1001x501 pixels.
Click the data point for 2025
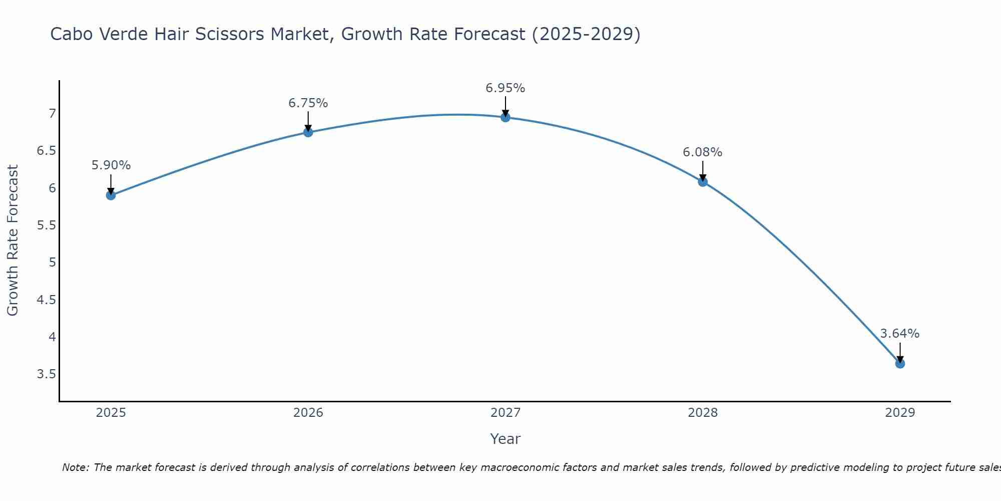pos(111,195)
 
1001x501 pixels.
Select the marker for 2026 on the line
pos(308,132)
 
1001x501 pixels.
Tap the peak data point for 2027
pos(506,117)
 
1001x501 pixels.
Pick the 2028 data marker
pos(703,181)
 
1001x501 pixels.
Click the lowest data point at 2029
pos(900,363)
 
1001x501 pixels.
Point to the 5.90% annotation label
pos(111,165)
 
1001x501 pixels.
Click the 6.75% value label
pos(308,103)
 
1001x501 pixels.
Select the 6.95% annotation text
pos(506,88)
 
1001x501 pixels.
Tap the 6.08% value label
pos(703,152)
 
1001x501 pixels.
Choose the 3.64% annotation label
pos(900,334)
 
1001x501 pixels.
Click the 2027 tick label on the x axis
pos(506,413)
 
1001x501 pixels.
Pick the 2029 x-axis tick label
pos(900,413)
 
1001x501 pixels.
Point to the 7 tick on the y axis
pos(52,114)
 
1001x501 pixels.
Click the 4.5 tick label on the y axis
pos(47,300)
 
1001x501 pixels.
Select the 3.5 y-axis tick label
pos(47,374)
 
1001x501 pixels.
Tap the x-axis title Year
pos(506,439)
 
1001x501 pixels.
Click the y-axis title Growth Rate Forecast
pos(13,240)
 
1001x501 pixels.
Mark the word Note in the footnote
pos(75,467)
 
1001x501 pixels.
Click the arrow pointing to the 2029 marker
pos(900,353)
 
